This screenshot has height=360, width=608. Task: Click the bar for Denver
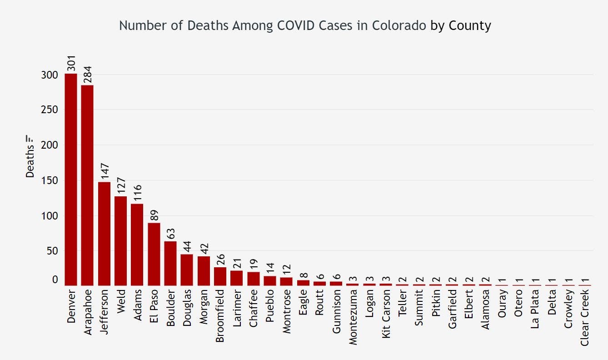[x=71, y=180]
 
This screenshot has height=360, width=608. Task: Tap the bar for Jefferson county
[x=104, y=234]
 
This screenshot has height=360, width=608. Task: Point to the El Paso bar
[x=154, y=254]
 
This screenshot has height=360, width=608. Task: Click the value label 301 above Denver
[x=71, y=64]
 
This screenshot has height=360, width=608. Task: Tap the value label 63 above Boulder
[x=170, y=233]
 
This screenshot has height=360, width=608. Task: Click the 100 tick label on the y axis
[x=49, y=215]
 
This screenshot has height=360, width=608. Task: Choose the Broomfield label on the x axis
[x=220, y=316]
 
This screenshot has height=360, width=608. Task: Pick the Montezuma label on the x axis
[x=353, y=317]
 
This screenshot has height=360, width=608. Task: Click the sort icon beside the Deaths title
[x=30, y=138]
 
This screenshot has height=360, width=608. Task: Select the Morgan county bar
[x=204, y=271]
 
